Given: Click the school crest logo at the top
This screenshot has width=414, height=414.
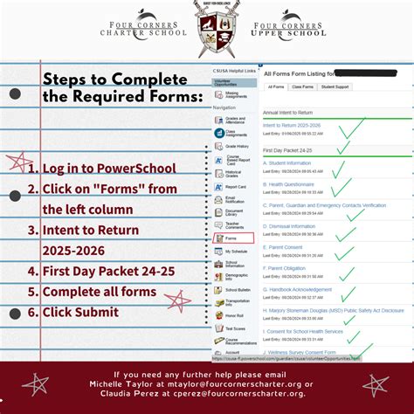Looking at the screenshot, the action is (207, 29).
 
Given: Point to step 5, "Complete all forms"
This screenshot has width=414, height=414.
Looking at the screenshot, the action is (99, 291).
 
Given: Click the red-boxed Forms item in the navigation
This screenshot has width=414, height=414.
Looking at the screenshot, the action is (232, 238).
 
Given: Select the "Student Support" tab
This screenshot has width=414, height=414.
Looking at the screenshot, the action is (336, 87).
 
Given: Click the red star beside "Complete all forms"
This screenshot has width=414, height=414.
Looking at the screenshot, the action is (178, 301).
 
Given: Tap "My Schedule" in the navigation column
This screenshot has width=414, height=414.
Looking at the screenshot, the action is (237, 251).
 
